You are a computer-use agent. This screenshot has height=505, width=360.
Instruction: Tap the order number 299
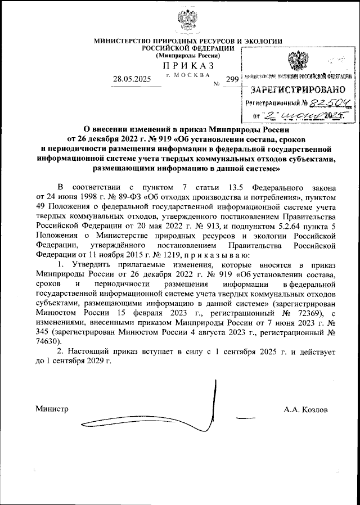[232, 80]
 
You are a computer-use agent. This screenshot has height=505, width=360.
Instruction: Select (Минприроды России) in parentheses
[187, 56]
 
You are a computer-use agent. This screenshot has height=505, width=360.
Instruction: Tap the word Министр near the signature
[51, 409]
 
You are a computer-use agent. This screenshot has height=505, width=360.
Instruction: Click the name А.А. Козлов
[305, 409]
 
